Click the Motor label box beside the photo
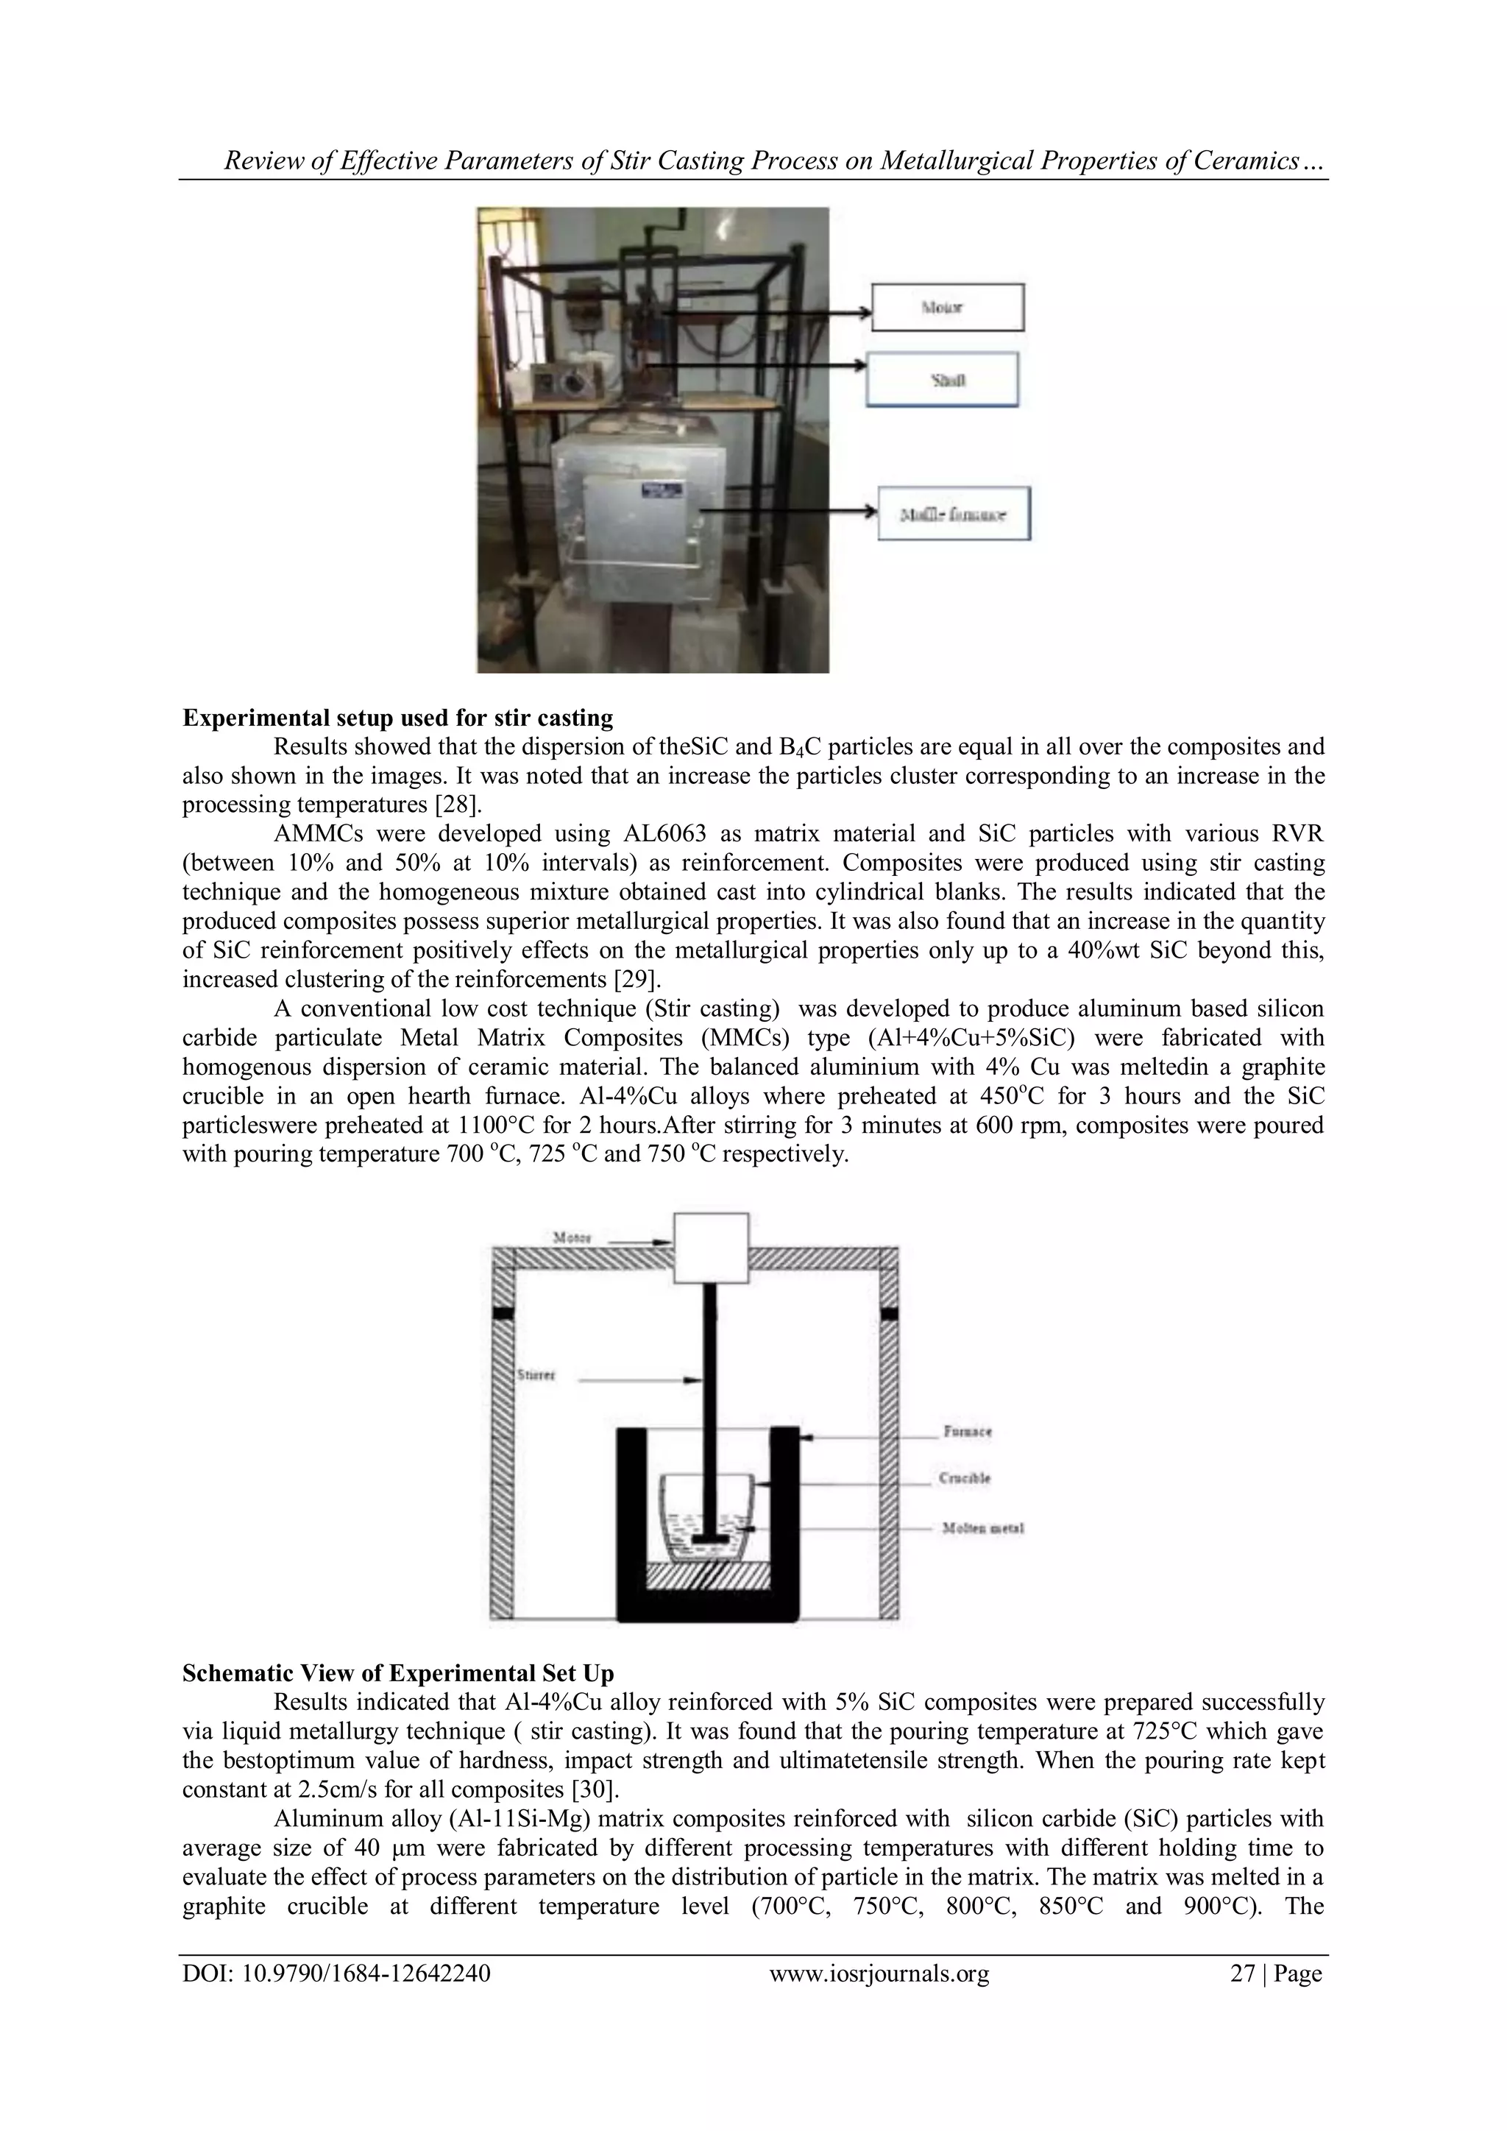(948, 307)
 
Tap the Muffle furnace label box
(954, 515)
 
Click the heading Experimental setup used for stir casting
(397, 718)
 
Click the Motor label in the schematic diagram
(572, 1237)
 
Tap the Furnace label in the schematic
(967, 1431)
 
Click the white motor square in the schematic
(711, 1248)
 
